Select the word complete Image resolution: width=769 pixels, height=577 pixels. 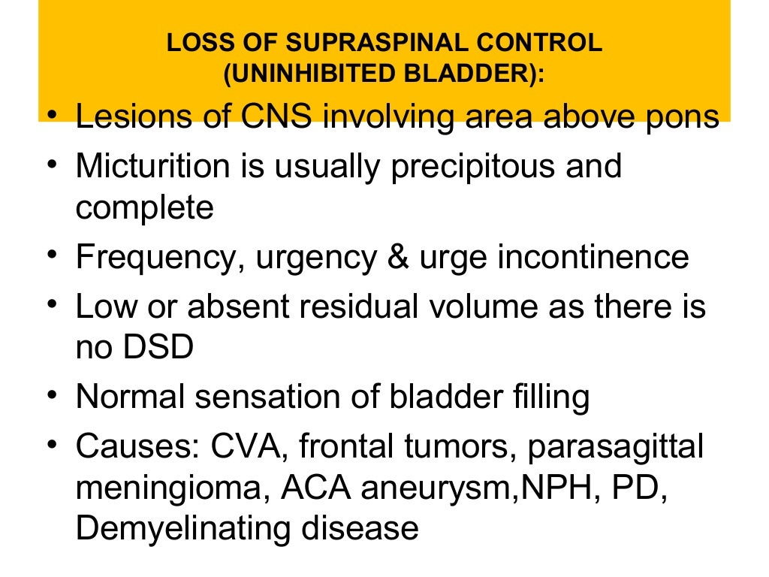click(x=144, y=208)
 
